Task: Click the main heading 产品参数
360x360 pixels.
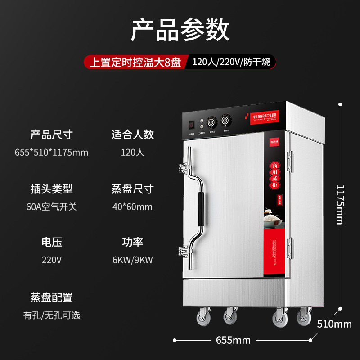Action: (x=180, y=31)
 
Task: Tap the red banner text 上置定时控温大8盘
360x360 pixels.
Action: (x=135, y=62)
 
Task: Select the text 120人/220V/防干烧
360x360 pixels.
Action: (x=231, y=62)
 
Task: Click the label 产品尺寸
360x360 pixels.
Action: (x=51, y=134)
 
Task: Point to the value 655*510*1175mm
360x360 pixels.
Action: (x=51, y=153)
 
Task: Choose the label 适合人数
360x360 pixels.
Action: (x=132, y=134)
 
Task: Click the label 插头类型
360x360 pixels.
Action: (x=51, y=189)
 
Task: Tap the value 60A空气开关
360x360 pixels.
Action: (x=51, y=207)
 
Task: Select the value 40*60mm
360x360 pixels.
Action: (x=132, y=207)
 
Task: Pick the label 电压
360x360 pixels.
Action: (x=51, y=243)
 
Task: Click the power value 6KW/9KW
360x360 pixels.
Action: (x=132, y=261)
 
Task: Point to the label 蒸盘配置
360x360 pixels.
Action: (x=51, y=297)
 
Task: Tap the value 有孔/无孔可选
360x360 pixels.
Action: (x=51, y=315)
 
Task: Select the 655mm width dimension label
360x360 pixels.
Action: (x=233, y=340)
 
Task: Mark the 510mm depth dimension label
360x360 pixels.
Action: (x=334, y=324)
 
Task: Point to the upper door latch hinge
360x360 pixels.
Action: (x=184, y=168)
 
